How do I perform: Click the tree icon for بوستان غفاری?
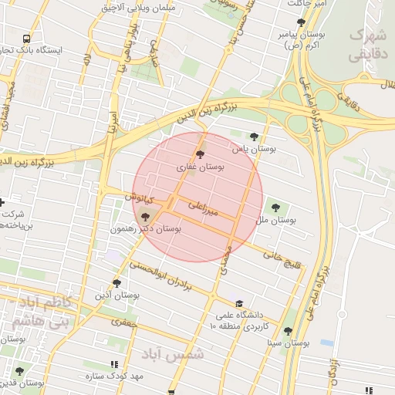201,155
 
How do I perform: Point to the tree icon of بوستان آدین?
116,283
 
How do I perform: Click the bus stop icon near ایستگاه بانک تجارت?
27,38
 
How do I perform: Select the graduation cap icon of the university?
239,303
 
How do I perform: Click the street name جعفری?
123,325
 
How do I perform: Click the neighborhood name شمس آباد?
177,354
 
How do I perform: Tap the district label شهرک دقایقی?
367,45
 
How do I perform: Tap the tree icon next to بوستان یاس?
254,136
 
